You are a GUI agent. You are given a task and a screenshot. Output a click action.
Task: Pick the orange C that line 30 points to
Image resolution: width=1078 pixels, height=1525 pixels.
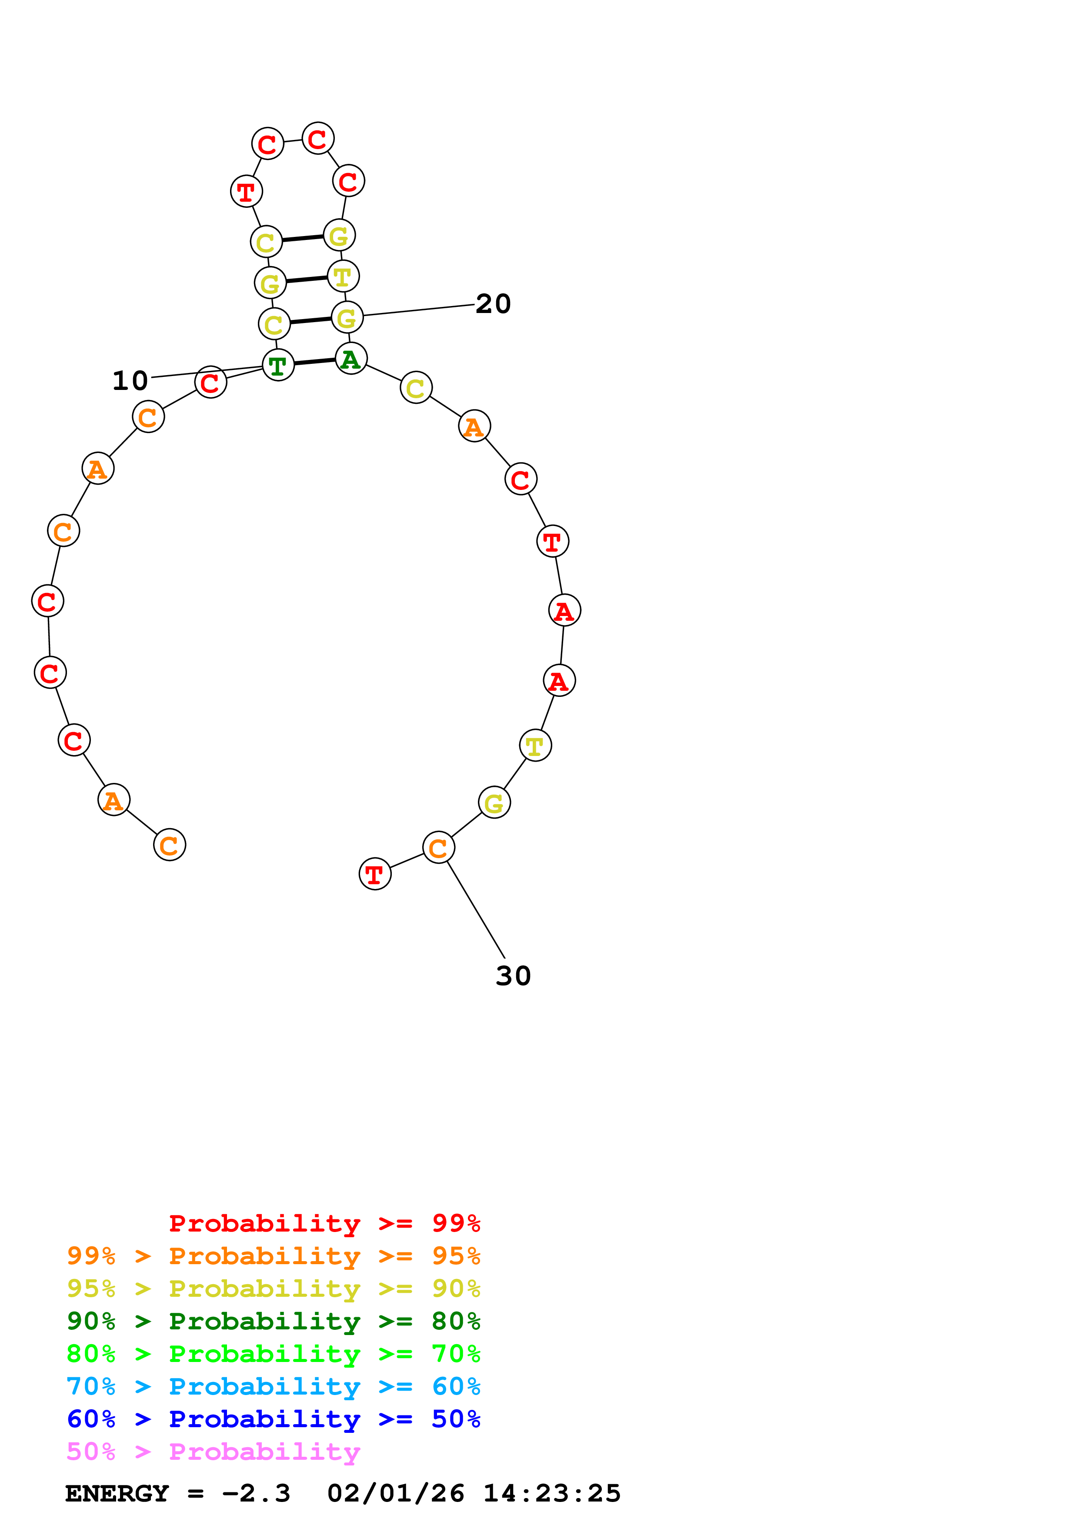[438, 848]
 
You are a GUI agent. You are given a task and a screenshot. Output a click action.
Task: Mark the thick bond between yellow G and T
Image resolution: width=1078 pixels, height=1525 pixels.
[307, 280]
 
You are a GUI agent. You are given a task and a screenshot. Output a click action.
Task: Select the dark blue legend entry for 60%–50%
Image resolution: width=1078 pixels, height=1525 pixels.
[273, 1419]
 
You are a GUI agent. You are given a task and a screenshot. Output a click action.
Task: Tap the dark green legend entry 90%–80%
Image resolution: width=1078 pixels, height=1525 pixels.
[273, 1321]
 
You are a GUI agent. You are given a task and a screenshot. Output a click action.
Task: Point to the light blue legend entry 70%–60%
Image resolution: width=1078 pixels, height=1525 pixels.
[273, 1386]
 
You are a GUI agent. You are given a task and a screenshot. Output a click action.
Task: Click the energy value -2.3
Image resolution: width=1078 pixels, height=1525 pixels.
[256, 1494]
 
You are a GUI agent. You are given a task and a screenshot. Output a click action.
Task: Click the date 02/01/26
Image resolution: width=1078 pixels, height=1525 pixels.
[396, 1494]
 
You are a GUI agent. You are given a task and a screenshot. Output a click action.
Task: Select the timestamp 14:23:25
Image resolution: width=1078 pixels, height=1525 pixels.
[552, 1494]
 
